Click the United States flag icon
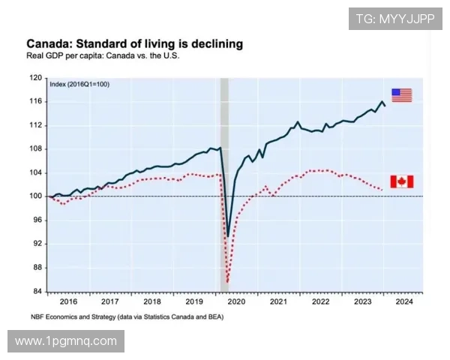click(401, 95)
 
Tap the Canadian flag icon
click(402, 181)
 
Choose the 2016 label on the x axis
click(68, 301)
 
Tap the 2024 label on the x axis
click(403, 301)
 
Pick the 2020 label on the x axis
click(236, 301)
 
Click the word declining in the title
click(214, 43)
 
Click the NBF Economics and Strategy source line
click(126, 316)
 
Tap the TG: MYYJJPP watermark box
click(395, 19)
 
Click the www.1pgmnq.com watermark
click(66, 341)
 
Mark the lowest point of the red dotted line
click(226, 283)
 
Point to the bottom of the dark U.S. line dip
click(227, 236)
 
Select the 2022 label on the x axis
click(320, 301)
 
